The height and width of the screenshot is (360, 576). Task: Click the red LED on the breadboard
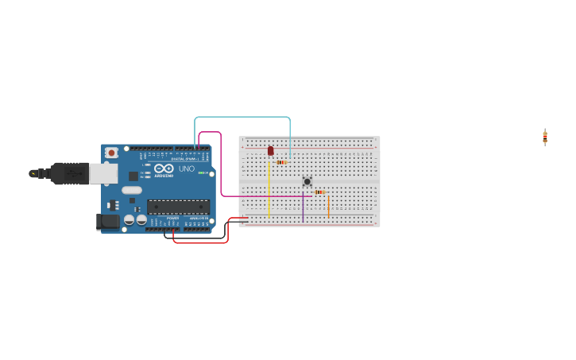(270, 149)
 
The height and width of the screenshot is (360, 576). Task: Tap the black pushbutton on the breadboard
(307, 181)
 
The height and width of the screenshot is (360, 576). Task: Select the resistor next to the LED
(281, 162)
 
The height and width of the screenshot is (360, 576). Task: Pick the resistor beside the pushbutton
(319, 192)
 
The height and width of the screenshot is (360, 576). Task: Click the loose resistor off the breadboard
(545, 137)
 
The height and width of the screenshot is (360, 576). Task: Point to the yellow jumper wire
(269, 191)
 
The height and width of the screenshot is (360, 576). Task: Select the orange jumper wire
(328, 206)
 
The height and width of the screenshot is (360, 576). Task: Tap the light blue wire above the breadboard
(242, 118)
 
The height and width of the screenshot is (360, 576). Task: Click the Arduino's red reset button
(111, 153)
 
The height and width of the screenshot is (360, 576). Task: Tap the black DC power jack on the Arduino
(107, 222)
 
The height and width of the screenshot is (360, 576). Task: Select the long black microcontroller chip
(178, 207)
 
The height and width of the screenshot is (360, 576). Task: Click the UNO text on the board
(186, 168)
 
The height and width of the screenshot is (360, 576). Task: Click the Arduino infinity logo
(164, 168)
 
